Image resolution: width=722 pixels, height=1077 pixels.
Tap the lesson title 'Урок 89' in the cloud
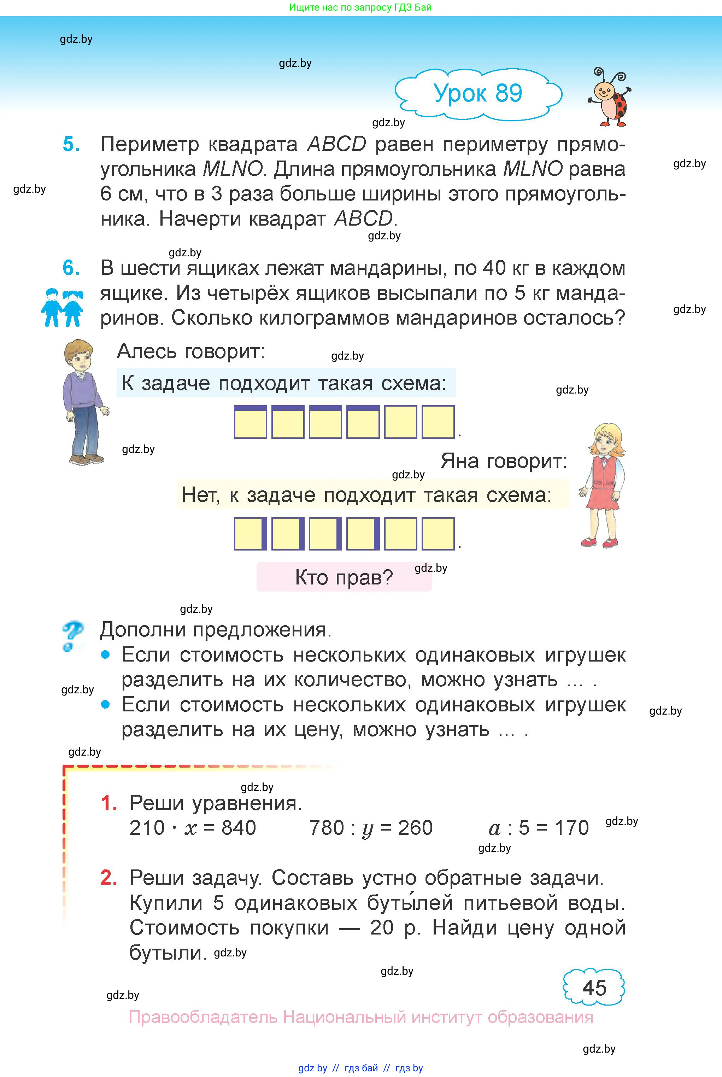coord(478,93)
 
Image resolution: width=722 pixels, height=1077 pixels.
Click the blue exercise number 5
coord(71,144)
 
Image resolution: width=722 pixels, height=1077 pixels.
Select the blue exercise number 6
coord(71,268)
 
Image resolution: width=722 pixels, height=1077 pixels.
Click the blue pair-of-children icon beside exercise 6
coord(62,308)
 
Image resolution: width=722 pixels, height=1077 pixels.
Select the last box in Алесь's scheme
coord(438,422)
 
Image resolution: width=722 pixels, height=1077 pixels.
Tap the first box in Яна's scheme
coord(250,534)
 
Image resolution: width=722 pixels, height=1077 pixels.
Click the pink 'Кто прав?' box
coord(344,577)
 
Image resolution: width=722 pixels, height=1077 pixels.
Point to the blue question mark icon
coord(72,636)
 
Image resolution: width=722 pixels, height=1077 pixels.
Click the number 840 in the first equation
coord(239,828)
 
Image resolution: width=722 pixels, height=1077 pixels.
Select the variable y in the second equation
coord(368,829)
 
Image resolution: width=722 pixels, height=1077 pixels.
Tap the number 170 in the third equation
coord(571,828)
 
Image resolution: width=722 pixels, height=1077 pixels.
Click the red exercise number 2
coord(108,878)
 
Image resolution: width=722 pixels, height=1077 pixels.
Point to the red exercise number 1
coord(108,803)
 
